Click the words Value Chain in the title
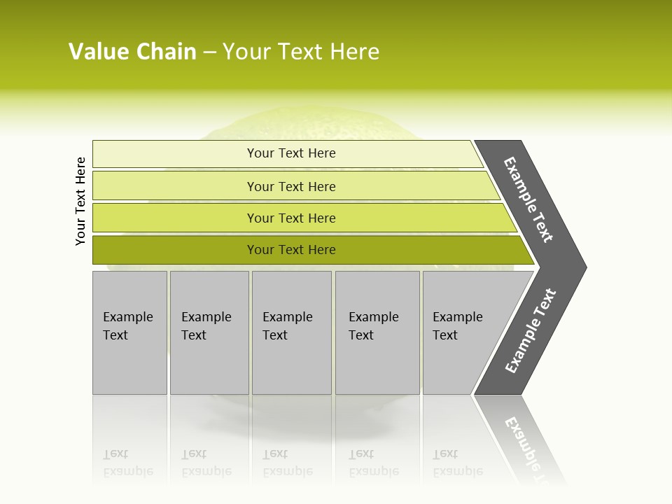tap(132, 52)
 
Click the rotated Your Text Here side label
tap(80, 201)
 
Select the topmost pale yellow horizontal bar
tap(175, 154)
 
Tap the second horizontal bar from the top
tap(175, 186)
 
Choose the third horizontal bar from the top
tap(175, 218)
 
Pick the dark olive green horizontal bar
tap(175, 250)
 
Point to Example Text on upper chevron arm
tap(528, 199)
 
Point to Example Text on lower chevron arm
tap(531, 331)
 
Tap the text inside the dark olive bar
tap(291, 250)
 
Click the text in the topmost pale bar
tap(291, 153)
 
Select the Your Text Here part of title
tap(301, 52)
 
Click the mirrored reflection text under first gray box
tap(127, 463)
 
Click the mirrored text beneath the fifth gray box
tap(457, 463)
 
